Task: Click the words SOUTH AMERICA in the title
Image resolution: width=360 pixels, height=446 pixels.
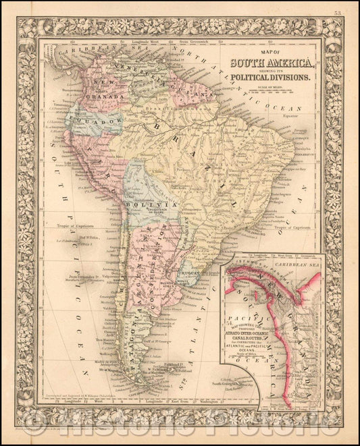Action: (271, 65)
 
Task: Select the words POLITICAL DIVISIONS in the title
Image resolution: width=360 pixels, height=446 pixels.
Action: (270, 78)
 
